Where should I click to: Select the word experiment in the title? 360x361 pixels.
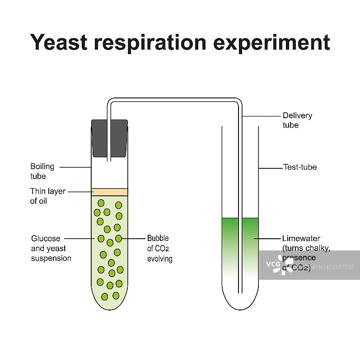coord(272,42)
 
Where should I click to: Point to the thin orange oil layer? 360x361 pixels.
coord(109,192)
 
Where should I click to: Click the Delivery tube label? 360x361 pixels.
coord(297,120)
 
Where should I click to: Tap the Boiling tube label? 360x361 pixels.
coord(42,171)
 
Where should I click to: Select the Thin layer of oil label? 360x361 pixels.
coord(47,196)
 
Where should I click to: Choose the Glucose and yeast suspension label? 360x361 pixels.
coord(51,248)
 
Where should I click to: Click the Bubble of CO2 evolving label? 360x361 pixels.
coord(159,248)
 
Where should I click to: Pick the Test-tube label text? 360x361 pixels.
coord(299,167)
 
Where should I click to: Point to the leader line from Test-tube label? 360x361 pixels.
coord(270,168)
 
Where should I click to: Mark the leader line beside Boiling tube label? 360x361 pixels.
coord(75,167)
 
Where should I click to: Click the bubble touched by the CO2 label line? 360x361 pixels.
coord(118,238)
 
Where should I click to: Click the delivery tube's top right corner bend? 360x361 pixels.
coord(238,102)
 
